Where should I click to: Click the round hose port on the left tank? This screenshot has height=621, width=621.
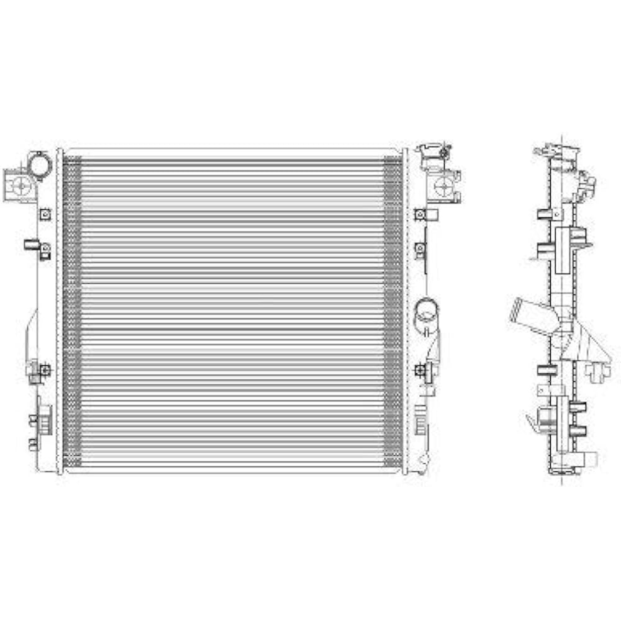pos(40,165)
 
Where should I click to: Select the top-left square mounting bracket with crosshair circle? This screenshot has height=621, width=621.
pos(19,184)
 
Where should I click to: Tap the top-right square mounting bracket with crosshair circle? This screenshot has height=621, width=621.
pos(445,184)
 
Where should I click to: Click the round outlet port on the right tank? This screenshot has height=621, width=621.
pos(426,309)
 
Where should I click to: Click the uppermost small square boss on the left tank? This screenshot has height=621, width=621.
pos(45,214)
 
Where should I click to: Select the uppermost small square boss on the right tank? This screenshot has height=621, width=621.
pos(420,215)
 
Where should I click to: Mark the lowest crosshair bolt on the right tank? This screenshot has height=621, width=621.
pos(420,371)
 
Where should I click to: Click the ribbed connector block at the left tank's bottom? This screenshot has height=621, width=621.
pos(44,419)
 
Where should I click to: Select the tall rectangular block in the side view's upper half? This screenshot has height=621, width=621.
pos(563,250)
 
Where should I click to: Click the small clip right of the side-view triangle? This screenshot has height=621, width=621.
pos(597,371)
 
